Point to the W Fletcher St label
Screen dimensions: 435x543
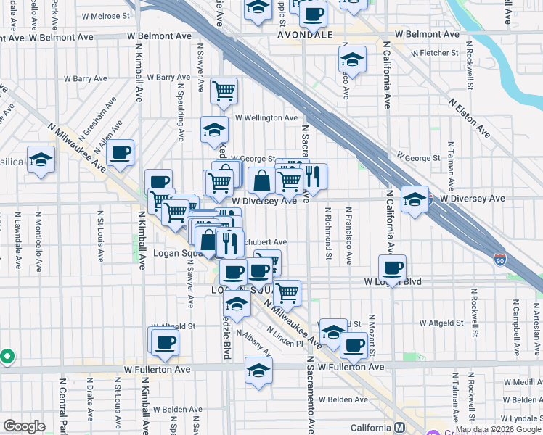point(434,53)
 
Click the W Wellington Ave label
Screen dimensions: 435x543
point(266,117)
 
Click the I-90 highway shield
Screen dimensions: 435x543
point(499,258)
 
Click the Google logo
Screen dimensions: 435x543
point(25,426)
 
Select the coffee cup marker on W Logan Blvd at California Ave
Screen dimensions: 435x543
point(392,268)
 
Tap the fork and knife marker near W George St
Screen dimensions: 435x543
point(313,176)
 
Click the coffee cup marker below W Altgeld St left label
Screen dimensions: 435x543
point(164,341)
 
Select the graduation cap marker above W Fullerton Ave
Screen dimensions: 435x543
point(258,370)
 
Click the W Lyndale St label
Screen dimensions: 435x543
point(519,419)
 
